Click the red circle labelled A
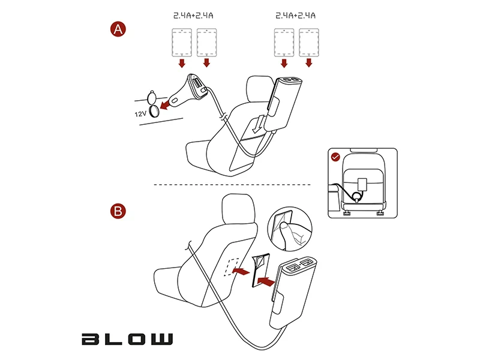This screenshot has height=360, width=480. click(118, 29)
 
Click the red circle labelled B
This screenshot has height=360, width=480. click(118, 211)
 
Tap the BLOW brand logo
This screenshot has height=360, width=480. click(127, 339)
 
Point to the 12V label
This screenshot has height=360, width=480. click(140, 114)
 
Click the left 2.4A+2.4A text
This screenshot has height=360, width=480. click(193, 16)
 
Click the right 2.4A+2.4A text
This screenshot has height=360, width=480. click(295, 16)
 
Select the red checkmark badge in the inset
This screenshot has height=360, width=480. click(336, 157)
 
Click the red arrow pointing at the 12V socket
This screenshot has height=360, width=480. click(166, 104)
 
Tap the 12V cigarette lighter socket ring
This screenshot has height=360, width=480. click(154, 111)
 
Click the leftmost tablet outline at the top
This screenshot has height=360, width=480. click(182, 43)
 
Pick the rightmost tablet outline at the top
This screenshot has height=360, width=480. click(309, 43)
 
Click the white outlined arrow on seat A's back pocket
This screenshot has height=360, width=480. click(258, 124)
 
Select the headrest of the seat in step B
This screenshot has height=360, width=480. click(238, 209)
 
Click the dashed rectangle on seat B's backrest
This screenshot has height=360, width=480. click(232, 267)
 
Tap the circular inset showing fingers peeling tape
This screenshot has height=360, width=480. click(290, 229)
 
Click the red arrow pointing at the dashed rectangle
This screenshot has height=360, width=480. click(241, 271)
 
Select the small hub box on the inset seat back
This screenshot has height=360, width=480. click(362, 184)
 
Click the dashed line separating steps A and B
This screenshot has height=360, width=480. click(232, 185)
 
